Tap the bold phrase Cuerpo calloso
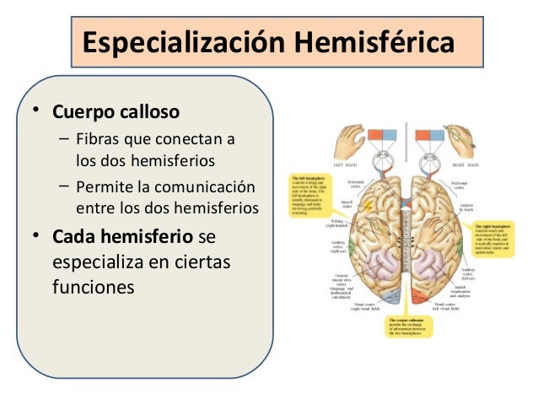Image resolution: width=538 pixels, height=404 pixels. (116, 111)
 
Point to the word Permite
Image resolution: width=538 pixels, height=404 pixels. (103, 186)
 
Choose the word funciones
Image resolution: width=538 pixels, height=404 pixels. (93, 286)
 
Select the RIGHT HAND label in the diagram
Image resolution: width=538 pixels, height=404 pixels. (462, 164)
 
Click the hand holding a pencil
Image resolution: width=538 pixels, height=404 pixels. (462, 139)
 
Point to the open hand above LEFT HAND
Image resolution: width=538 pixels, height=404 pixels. (347, 137)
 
